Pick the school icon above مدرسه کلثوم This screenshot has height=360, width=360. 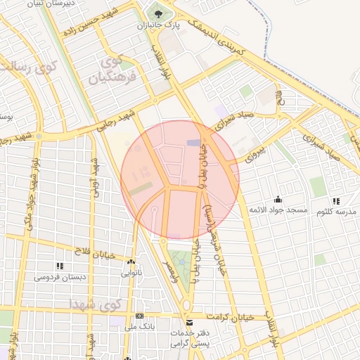(335, 200)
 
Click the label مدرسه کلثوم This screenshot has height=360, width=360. (335, 211)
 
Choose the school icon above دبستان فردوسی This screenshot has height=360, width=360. (59, 266)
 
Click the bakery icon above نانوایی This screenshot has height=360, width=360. (131, 262)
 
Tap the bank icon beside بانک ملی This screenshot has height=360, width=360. (140, 316)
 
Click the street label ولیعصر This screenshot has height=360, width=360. (170, 265)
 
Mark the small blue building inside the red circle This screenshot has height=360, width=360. (193, 143)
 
